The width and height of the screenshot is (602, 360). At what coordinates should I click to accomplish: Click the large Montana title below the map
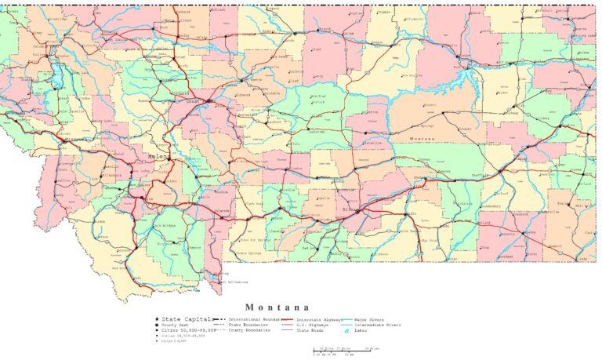[x=277, y=307]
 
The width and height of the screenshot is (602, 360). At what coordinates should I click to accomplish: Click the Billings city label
[x=353, y=210]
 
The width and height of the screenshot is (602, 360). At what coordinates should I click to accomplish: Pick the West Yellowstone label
[x=234, y=282]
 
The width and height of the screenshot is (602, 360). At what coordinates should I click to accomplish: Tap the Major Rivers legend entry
[x=370, y=320]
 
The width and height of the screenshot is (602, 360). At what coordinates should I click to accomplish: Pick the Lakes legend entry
[x=360, y=330]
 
